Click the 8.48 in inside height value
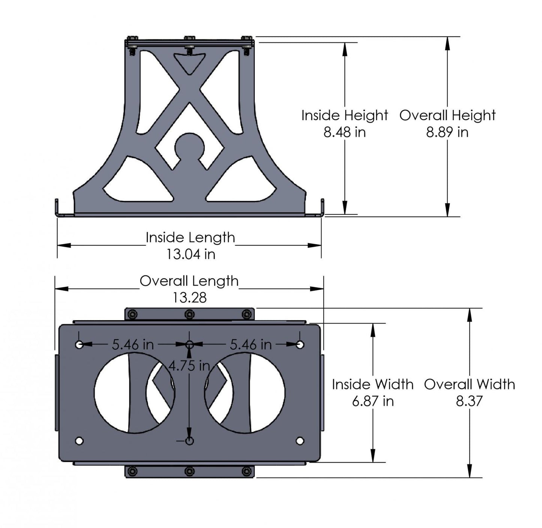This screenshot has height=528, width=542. point(344,132)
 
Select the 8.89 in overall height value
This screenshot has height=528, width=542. point(447,132)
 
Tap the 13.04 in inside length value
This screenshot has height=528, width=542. point(191,254)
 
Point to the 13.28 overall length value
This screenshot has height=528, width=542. point(189,298)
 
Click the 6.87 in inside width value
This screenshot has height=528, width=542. point(372,401)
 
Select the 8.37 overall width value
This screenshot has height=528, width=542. point(469,401)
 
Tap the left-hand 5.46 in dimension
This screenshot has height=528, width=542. point(133,344)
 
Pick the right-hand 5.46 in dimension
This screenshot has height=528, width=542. point(251,344)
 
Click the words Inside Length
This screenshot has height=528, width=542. point(190,238)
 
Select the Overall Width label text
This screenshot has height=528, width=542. point(469,384)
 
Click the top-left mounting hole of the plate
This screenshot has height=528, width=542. point(79,344)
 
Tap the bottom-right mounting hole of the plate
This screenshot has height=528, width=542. point(300,441)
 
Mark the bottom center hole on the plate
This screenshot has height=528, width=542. point(189,441)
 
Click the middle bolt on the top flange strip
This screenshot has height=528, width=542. point(189,314)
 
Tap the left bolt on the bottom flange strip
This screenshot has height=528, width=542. point(132,471)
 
